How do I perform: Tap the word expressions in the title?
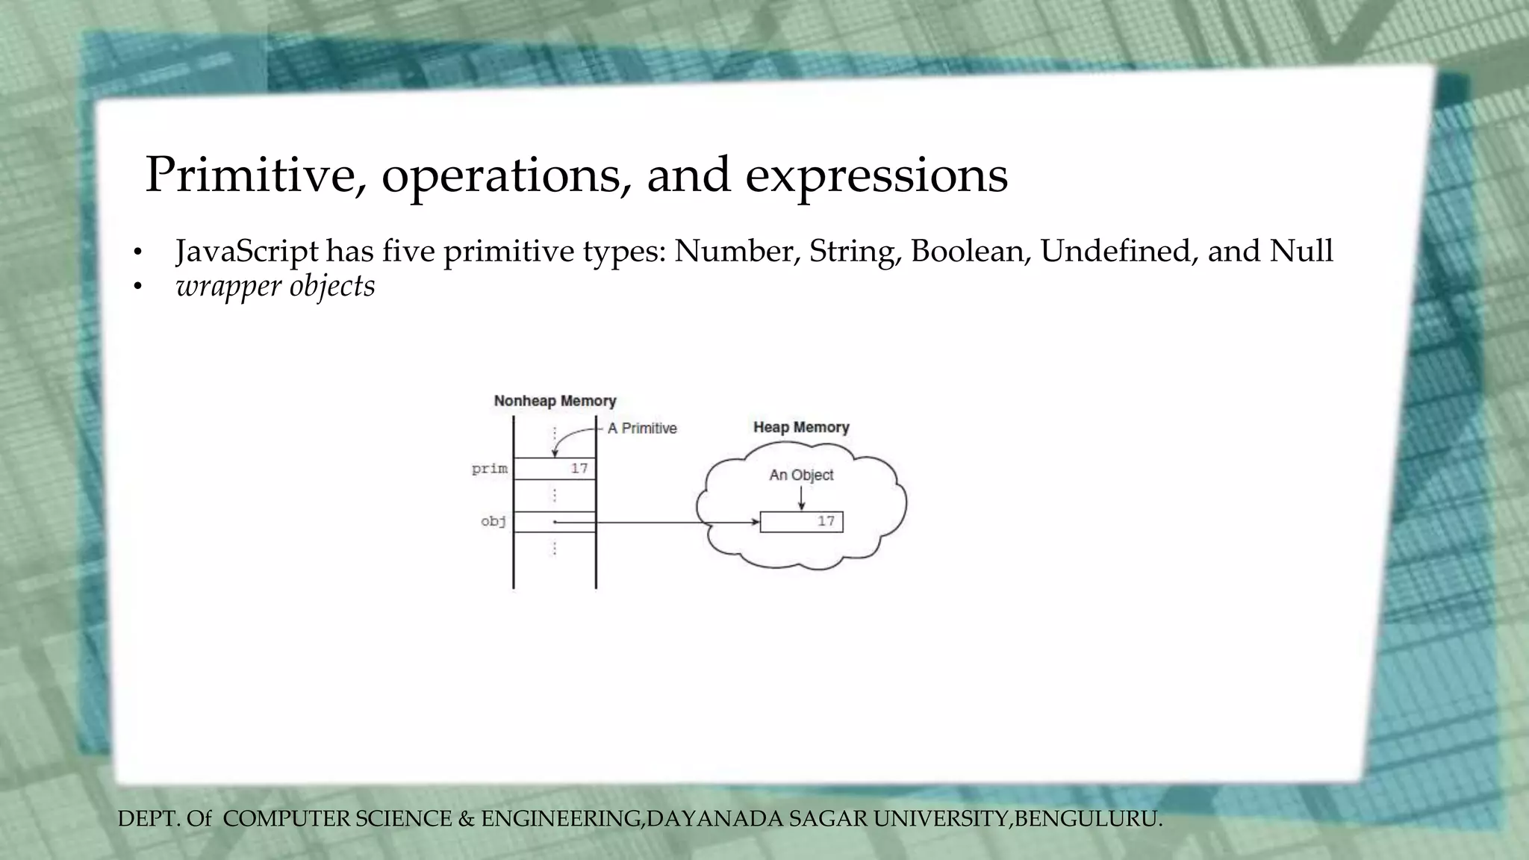pyautogui.click(x=876, y=175)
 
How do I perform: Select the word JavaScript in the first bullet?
pyautogui.click(x=247, y=251)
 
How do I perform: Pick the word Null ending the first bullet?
pyautogui.click(x=1301, y=251)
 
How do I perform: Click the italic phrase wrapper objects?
pyautogui.click(x=275, y=286)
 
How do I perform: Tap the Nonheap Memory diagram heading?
pyautogui.click(x=555, y=401)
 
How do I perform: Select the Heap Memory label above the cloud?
pyautogui.click(x=801, y=427)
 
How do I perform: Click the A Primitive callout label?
pyautogui.click(x=642, y=429)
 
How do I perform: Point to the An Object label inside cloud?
pyautogui.click(x=801, y=475)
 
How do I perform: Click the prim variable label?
pyautogui.click(x=490, y=469)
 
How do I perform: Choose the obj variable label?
pyautogui.click(x=493, y=521)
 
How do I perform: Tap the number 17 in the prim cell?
pyautogui.click(x=579, y=469)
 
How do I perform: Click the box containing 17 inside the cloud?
pyautogui.click(x=801, y=522)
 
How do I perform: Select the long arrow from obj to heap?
pyautogui.click(x=657, y=522)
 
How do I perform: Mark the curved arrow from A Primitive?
pyautogui.click(x=567, y=436)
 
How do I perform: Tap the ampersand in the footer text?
pyautogui.click(x=466, y=819)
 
